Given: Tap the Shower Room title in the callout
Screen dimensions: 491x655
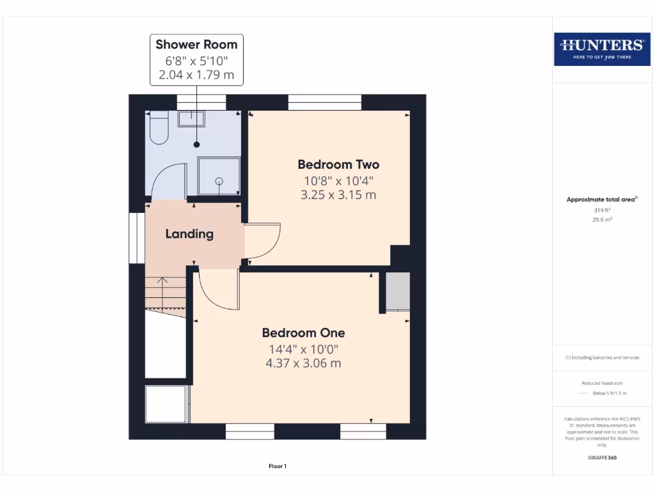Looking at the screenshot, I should pyautogui.click(x=196, y=45).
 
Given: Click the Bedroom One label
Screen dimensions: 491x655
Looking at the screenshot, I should pyautogui.click(x=303, y=333).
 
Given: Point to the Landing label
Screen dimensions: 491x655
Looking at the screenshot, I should pyautogui.click(x=189, y=234).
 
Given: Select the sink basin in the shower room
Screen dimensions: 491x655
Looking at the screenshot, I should pyautogui.click(x=191, y=118).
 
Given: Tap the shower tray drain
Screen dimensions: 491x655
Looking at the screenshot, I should pyautogui.click(x=219, y=181).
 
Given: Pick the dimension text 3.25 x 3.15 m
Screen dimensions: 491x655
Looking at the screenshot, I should pyautogui.click(x=338, y=195).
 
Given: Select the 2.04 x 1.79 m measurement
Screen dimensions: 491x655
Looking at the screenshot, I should pyautogui.click(x=196, y=75).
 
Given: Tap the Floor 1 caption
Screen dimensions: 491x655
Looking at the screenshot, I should pyautogui.click(x=278, y=467).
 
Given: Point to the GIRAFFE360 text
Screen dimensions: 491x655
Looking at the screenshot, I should pyautogui.click(x=602, y=458).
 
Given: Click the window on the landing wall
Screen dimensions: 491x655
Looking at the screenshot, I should pyautogui.click(x=137, y=238).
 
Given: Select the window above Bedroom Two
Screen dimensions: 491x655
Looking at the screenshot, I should pyautogui.click(x=325, y=102).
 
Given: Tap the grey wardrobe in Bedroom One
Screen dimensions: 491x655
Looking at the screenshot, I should pyautogui.click(x=397, y=292).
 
